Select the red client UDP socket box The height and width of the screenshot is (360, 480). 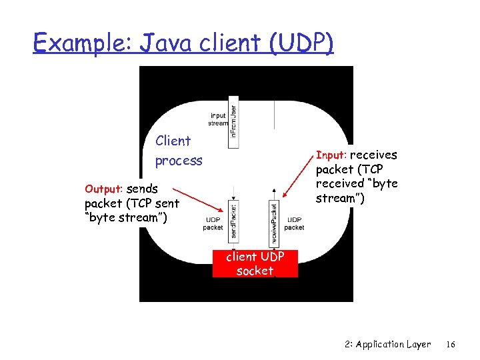tap(255, 263)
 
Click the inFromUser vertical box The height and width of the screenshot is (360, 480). tap(233, 124)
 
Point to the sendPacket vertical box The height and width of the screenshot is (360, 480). tap(234, 219)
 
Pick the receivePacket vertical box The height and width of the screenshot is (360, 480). tap(274, 221)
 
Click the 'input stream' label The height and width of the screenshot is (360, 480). tap(218, 119)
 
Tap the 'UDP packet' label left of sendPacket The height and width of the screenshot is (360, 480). tap(213, 223)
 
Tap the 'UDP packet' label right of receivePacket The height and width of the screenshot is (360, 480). tap(294, 223)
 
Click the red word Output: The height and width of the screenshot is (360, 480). tap(104, 189)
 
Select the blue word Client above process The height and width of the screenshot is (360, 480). tap(173, 141)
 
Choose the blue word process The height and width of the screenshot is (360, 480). tap(179, 161)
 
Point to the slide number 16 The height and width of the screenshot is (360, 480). tap(451, 345)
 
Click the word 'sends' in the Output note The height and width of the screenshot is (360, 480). tap(142, 189)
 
